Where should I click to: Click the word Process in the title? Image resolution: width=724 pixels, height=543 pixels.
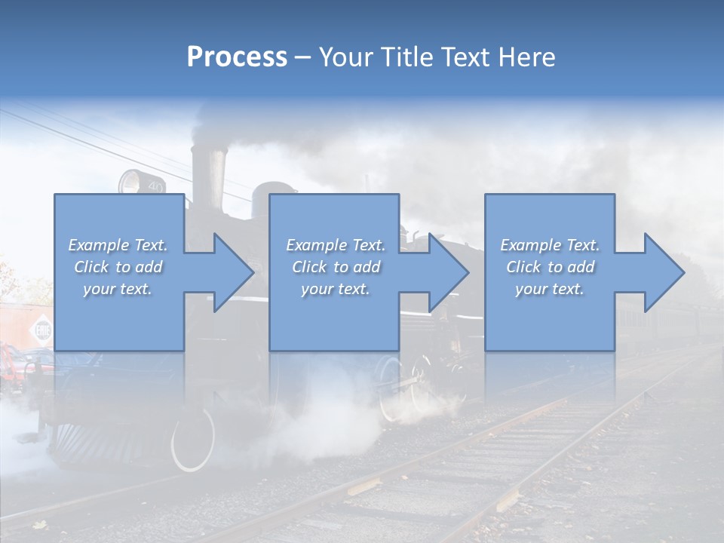[237, 57]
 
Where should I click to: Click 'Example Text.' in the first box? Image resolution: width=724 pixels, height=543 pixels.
[118, 245]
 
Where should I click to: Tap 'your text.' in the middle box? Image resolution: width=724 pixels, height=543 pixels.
[335, 289]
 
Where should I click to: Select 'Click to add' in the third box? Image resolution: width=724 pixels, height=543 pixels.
[550, 267]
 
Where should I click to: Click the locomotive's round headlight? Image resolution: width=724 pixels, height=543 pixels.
[130, 182]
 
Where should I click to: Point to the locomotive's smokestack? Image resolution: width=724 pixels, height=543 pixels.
[208, 173]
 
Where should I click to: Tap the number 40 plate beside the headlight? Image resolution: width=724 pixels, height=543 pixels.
[155, 186]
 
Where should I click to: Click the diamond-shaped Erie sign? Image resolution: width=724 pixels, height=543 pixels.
[41, 330]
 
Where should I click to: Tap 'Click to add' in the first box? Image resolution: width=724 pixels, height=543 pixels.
[118, 267]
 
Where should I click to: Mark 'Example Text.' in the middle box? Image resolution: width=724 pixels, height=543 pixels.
[335, 245]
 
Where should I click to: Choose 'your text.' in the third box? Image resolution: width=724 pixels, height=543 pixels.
[550, 289]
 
